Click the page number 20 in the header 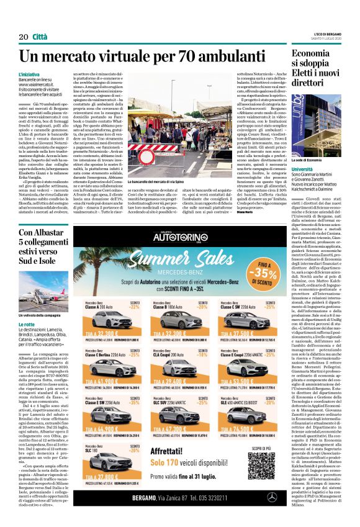pos(23,37)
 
